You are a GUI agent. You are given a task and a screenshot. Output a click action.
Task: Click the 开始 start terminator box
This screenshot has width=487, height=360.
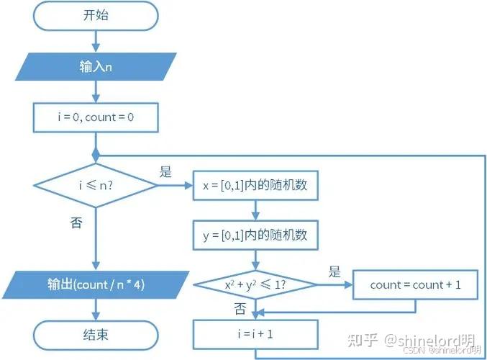[96, 16]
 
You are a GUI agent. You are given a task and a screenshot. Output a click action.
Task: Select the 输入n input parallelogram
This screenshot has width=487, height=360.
[96, 66]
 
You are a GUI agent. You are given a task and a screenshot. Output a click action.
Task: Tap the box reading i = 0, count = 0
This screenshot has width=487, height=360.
[96, 117]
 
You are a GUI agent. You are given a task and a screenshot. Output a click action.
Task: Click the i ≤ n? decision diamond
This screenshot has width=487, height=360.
[96, 186]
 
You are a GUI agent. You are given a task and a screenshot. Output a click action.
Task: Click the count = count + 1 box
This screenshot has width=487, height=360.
[415, 285]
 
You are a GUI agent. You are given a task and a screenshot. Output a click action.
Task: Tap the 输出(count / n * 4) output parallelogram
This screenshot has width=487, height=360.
[96, 285]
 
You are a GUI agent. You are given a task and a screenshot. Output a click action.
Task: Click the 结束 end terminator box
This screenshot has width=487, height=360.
[96, 335]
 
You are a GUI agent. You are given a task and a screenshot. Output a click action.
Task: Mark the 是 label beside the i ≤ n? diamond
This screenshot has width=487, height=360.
[166, 172]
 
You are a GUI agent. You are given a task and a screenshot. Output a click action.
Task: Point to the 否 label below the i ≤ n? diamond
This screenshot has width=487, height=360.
[76, 223]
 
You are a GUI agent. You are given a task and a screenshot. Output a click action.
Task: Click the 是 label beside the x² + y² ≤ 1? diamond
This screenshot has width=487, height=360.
[334, 271]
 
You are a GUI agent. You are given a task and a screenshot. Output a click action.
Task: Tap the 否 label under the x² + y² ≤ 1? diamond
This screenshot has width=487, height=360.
[240, 309]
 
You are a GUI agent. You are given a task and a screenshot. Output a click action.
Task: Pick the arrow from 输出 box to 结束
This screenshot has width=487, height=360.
[96, 310]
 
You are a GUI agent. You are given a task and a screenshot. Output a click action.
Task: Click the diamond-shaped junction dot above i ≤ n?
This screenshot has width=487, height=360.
[96, 155]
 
